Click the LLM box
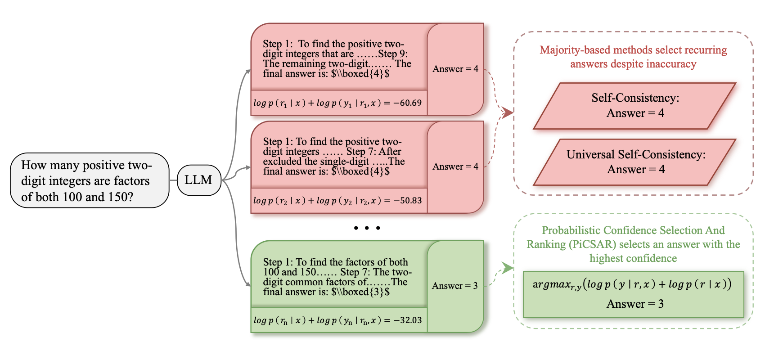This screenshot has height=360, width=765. tap(198, 180)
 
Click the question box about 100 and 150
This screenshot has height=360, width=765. tap(89, 180)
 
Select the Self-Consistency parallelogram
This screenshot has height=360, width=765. tap(634, 106)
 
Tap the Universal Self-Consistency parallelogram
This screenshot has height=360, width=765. tap(634, 162)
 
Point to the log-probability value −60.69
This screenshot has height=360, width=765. tap(407, 103)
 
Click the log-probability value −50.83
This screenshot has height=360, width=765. tap(407, 201)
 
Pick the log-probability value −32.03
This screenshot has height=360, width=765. tap(407, 320)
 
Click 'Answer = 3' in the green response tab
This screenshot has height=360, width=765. tap(454, 286)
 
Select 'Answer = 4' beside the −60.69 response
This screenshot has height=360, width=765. tap(455, 69)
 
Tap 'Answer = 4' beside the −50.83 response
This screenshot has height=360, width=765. tap(455, 166)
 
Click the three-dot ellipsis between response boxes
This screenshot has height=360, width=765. tap(367, 228)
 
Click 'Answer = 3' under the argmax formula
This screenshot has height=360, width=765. tap(634, 304)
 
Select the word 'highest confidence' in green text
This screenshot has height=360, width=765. tap(633, 258)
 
